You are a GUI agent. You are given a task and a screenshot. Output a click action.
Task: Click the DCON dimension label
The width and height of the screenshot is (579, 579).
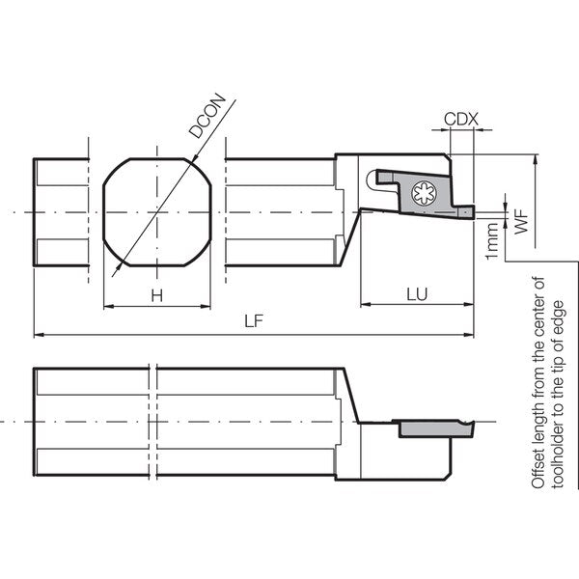coord(207,116)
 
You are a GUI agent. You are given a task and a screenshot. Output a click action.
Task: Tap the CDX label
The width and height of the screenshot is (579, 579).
coord(461,120)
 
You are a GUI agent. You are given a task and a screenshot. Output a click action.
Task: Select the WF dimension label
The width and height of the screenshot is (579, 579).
coord(521,222)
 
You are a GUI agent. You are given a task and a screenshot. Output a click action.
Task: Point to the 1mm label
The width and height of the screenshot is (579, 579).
coord(492,241)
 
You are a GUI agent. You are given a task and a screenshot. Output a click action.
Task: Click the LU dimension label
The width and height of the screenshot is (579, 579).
coord(417,294)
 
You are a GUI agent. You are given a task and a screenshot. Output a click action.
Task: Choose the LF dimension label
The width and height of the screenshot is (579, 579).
coord(254,321)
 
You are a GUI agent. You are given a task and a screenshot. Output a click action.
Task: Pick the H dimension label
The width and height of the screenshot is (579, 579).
coord(157,296)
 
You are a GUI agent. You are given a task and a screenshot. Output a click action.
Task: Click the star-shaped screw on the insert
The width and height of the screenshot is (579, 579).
coord(424,193)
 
